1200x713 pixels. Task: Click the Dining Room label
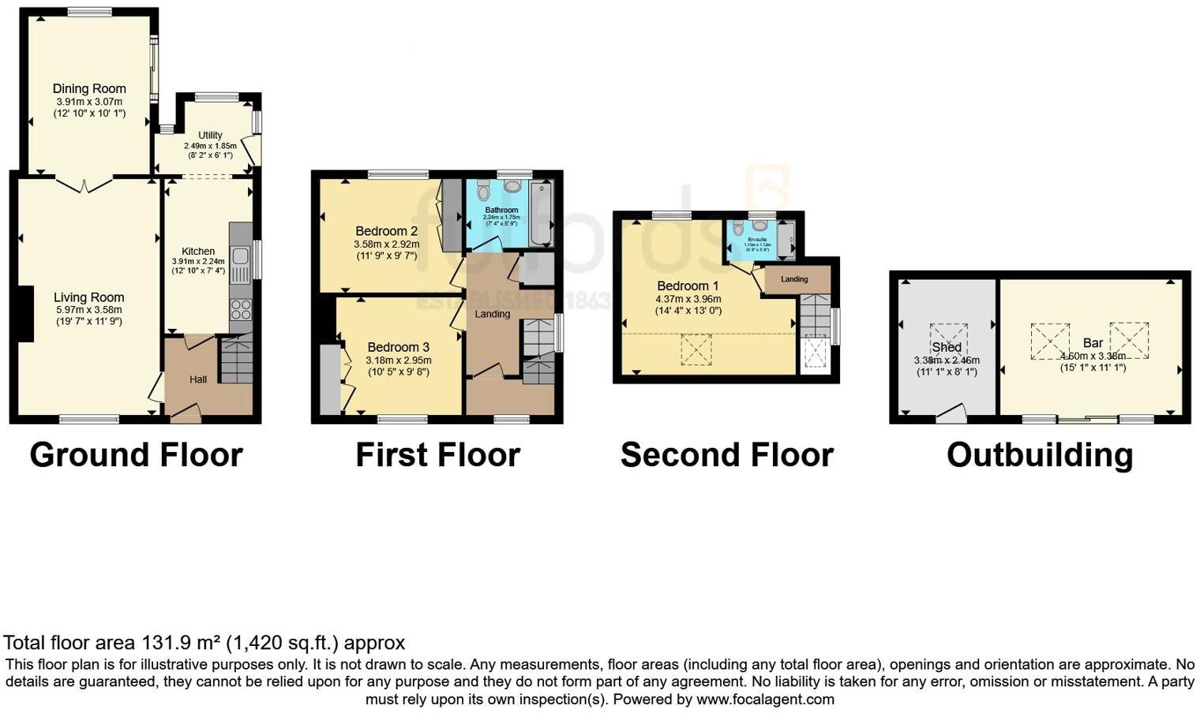point(89,89)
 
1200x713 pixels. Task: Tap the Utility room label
point(210,135)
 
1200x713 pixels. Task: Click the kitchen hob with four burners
point(241,309)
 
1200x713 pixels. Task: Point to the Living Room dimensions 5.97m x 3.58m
point(89,310)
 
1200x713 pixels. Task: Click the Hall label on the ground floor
point(198,379)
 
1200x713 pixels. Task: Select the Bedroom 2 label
point(386,231)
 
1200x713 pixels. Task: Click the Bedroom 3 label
point(398,347)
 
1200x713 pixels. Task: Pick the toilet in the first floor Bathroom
point(484,191)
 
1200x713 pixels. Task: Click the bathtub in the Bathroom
point(542,214)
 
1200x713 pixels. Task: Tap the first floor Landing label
point(492,314)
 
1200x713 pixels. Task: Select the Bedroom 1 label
point(688,286)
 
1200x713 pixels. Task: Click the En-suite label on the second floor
point(757,239)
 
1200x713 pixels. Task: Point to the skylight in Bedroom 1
point(696,349)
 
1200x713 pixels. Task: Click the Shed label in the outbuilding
point(946,347)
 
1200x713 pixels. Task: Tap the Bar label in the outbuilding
point(1093,343)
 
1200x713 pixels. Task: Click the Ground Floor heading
point(136,455)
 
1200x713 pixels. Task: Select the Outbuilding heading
point(1039,455)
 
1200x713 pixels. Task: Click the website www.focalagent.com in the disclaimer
point(765,699)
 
